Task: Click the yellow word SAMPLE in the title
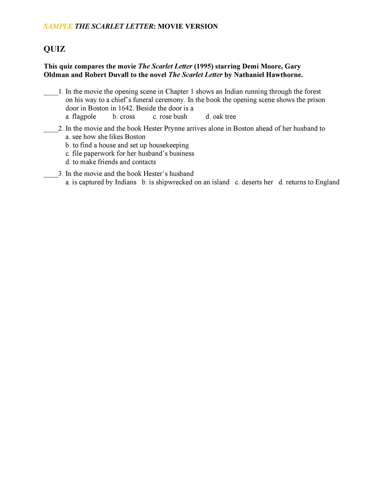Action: (x=58, y=26)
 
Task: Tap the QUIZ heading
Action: (x=54, y=49)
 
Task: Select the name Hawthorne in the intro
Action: (x=286, y=75)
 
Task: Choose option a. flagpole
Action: (x=81, y=117)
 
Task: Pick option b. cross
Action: (x=124, y=117)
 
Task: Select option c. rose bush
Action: (x=170, y=117)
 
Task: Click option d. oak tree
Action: (x=221, y=117)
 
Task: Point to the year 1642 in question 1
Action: (x=125, y=108)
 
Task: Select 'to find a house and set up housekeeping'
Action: (x=127, y=145)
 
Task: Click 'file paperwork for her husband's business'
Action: (x=130, y=154)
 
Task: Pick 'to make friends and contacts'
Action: (x=111, y=162)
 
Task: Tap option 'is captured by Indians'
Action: (x=101, y=182)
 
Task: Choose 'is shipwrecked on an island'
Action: (x=186, y=182)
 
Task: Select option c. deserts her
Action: (x=254, y=182)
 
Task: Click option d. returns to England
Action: (x=309, y=182)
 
